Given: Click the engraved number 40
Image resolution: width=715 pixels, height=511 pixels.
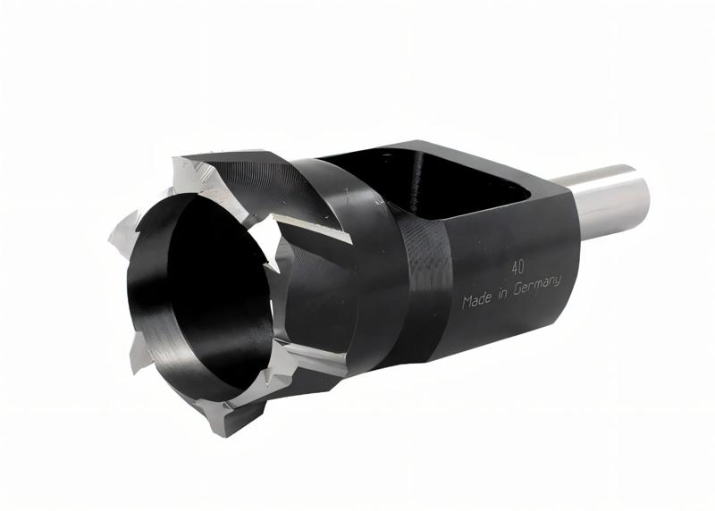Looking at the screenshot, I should (517, 265).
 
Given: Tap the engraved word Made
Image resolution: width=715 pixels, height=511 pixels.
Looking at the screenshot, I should (478, 300).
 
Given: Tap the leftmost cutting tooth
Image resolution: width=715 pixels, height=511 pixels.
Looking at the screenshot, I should (119, 234).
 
